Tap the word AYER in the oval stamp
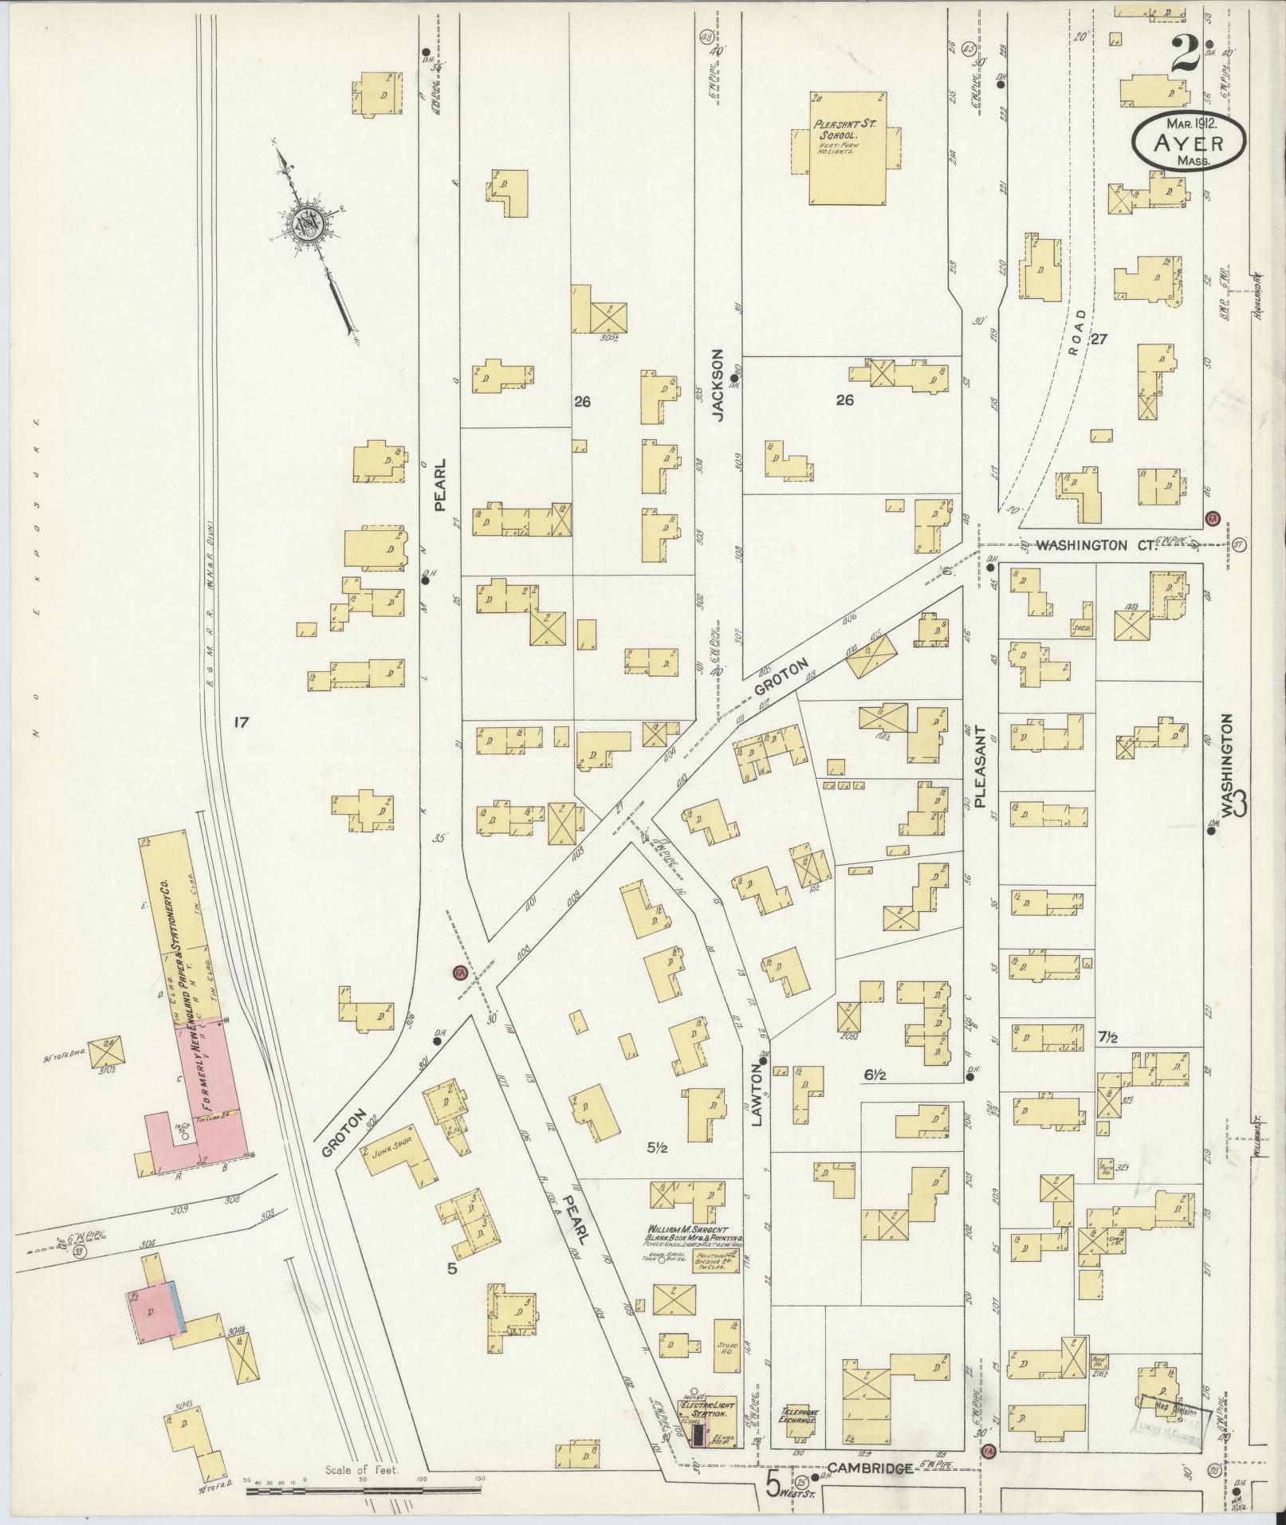(x=1187, y=143)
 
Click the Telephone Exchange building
(x=800, y=1421)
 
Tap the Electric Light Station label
(x=708, y=1409)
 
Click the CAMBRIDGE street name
(x=870, y=1468)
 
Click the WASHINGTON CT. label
(x=1089, y=545)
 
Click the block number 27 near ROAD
(x=1099, y=339)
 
